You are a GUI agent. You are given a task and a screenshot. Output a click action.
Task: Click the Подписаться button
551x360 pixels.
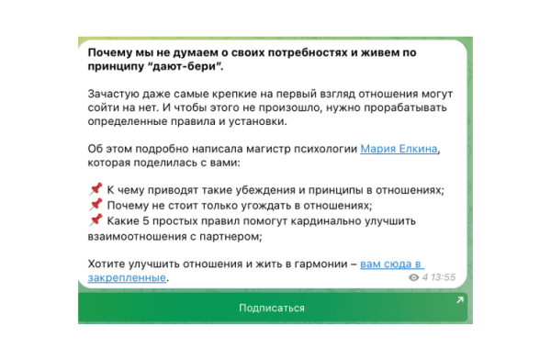[271, 308]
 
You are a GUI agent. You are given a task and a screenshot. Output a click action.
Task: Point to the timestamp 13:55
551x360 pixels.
[444, 276]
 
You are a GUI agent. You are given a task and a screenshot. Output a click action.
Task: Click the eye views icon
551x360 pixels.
[413, 276]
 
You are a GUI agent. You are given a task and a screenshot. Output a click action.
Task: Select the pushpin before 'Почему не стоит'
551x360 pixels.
[96, 205]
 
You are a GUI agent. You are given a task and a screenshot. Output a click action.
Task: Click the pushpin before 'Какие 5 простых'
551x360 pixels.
[96, 220]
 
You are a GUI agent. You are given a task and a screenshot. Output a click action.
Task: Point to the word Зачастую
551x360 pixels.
[115, 94]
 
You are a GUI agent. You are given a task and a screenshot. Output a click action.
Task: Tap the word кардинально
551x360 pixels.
[326, 220]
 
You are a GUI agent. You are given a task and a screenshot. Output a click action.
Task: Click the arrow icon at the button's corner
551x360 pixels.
[459, 300]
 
